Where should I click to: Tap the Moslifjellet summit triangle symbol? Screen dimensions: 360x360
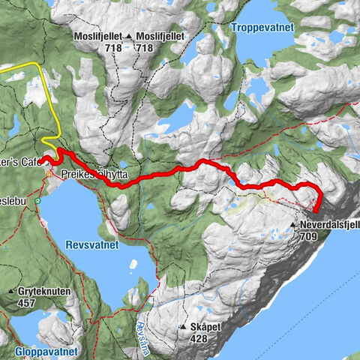coord(129,37)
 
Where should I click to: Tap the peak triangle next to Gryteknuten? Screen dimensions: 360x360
coord(10,291)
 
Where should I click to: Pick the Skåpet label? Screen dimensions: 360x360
coord(205,327)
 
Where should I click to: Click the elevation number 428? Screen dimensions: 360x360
coord(199,338)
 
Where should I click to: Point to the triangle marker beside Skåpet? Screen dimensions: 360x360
coord(182,327)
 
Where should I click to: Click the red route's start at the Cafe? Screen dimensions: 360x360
coord(43,160)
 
